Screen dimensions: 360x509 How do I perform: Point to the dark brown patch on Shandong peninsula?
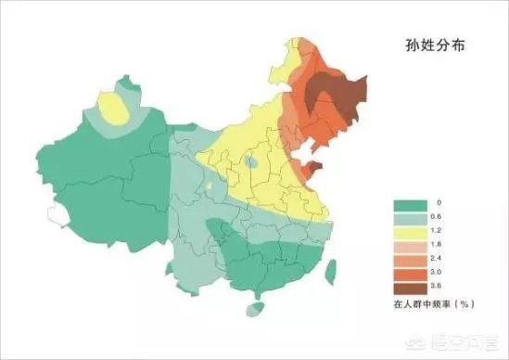point(310,169)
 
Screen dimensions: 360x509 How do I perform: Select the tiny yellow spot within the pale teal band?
point(216,189)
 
